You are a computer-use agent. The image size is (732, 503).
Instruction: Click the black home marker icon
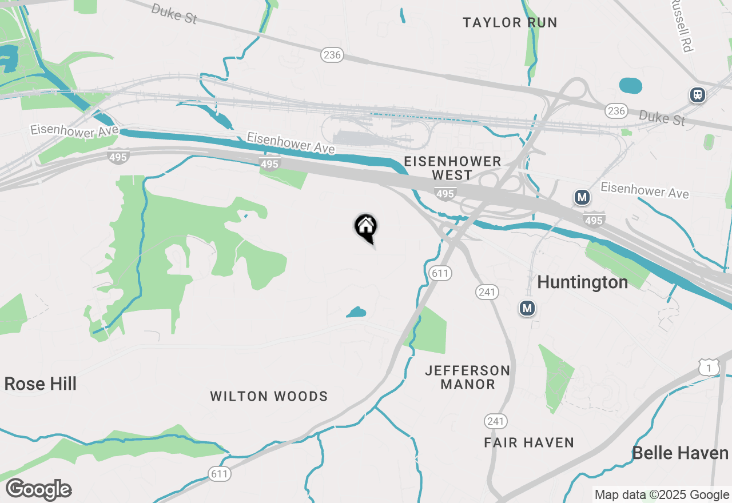click(365, 227)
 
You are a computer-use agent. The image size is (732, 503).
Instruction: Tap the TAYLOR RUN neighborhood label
click(510, 23)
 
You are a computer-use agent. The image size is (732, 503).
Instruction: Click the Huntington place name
click(582, 282)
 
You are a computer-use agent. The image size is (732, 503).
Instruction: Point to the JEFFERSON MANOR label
click(468, 377)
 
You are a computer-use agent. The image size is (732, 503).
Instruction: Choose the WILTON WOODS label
click(269, 396)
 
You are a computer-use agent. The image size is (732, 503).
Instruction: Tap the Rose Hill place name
click(40, 384)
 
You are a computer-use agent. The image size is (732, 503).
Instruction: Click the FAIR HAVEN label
click(529, 442)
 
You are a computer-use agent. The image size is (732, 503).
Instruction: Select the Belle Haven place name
click(680, 453)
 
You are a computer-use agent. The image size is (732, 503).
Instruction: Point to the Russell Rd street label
click(682, 26)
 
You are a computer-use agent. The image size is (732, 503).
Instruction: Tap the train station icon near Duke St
click(697, 94)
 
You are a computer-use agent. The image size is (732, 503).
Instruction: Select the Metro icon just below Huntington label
click(527, 309)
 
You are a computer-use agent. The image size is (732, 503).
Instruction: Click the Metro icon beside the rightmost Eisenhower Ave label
click(582, 198)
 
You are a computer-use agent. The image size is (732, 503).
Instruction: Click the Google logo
click(39, 490)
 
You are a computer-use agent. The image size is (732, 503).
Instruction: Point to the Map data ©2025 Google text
click(662, 495)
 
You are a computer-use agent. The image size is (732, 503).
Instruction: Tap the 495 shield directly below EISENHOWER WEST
click(445, 194)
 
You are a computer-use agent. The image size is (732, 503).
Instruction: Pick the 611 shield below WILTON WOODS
click(219, 473)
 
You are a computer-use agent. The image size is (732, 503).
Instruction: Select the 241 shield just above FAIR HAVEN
click(495, 422)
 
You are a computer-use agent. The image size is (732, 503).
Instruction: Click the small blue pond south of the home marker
click(356, 312)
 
